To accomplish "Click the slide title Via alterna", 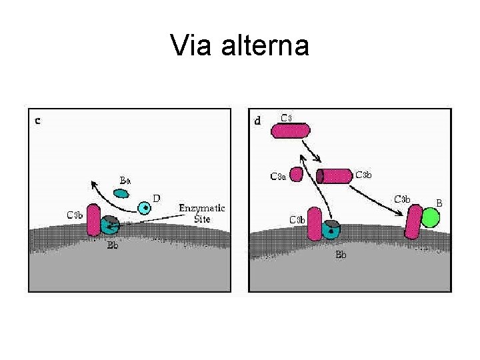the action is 239,46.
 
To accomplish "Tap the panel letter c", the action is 38,121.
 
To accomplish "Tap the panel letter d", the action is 258,121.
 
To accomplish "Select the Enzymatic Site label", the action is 202,213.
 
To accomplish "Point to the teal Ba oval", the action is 121,194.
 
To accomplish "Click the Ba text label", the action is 125,180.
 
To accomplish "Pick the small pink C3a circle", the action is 297,175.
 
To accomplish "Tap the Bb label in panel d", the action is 341,255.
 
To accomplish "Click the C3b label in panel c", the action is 75,215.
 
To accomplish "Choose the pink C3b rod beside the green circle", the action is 414,222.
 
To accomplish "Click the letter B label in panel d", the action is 439,202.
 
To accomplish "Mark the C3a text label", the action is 277,177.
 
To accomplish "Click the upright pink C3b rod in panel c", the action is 94,220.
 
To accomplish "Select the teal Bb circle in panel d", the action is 330,231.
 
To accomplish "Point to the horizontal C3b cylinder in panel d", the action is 335,175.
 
